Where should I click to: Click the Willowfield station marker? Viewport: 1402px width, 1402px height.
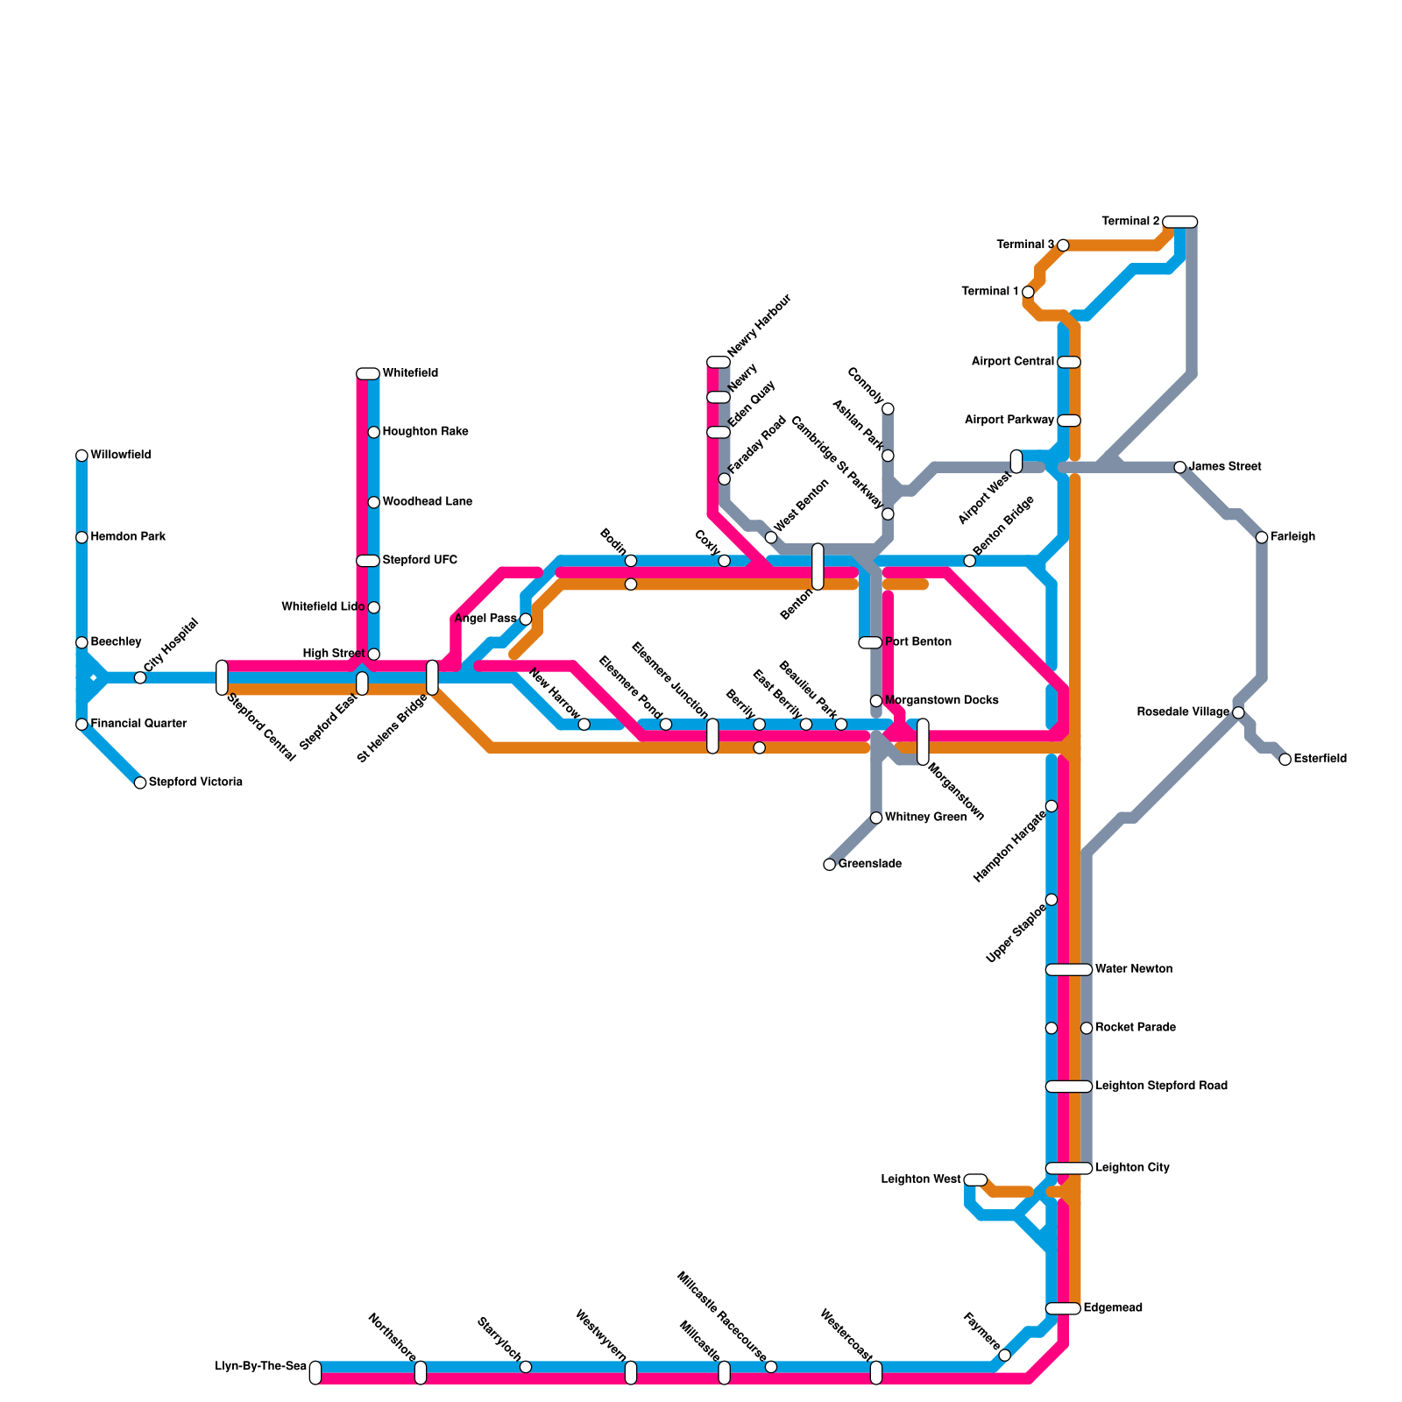pyautogui.click(x=81, y=456)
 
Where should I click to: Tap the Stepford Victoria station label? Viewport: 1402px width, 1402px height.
pyautogui.click(x=195, y=782)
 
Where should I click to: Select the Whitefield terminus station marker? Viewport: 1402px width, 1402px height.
pyautogui.click(x=368, y=374)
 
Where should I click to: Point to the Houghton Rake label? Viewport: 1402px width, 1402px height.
pyautogui.click(x=425, y=432)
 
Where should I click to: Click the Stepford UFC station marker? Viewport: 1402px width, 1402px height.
pyautogui.click(x=368, y=561)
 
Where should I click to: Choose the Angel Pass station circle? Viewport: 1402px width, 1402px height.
pyautogui.click(x=526, y=620)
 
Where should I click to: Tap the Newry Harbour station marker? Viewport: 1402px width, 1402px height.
pyautogui.click(x=719, y=363)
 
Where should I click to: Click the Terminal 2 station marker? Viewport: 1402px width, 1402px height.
pyautogui.click(x=1180, y=222)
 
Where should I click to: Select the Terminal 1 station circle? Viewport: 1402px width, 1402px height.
pyautogui.click(x=1028, y=292)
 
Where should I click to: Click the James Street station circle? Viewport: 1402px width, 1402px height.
pyautogui.click(x=1180, y=467)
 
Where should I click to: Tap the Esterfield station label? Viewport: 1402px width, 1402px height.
pyautogui.click(x=1320, y=759)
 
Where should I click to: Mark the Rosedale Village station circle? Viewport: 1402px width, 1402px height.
pyautogui.click(x=1238, y=712)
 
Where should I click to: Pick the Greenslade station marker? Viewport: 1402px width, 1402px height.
pyautogui.click(x=830, y=865)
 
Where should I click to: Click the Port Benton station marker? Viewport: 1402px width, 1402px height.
pyautogui.click(x=870, y=643)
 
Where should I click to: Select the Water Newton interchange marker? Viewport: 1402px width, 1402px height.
pyautogui.click(x=1069, y=970)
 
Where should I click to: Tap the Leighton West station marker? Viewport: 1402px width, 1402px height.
pyautogui.click(x=975, y=1180)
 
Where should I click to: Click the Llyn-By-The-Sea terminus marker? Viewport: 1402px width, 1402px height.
pyautogui.click(x=315, y=1373)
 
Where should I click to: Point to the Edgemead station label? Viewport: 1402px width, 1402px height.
pyautogui.click(x=1113, y=1308)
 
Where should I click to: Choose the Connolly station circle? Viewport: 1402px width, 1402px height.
pyautogui.click(x=888, y=408)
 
